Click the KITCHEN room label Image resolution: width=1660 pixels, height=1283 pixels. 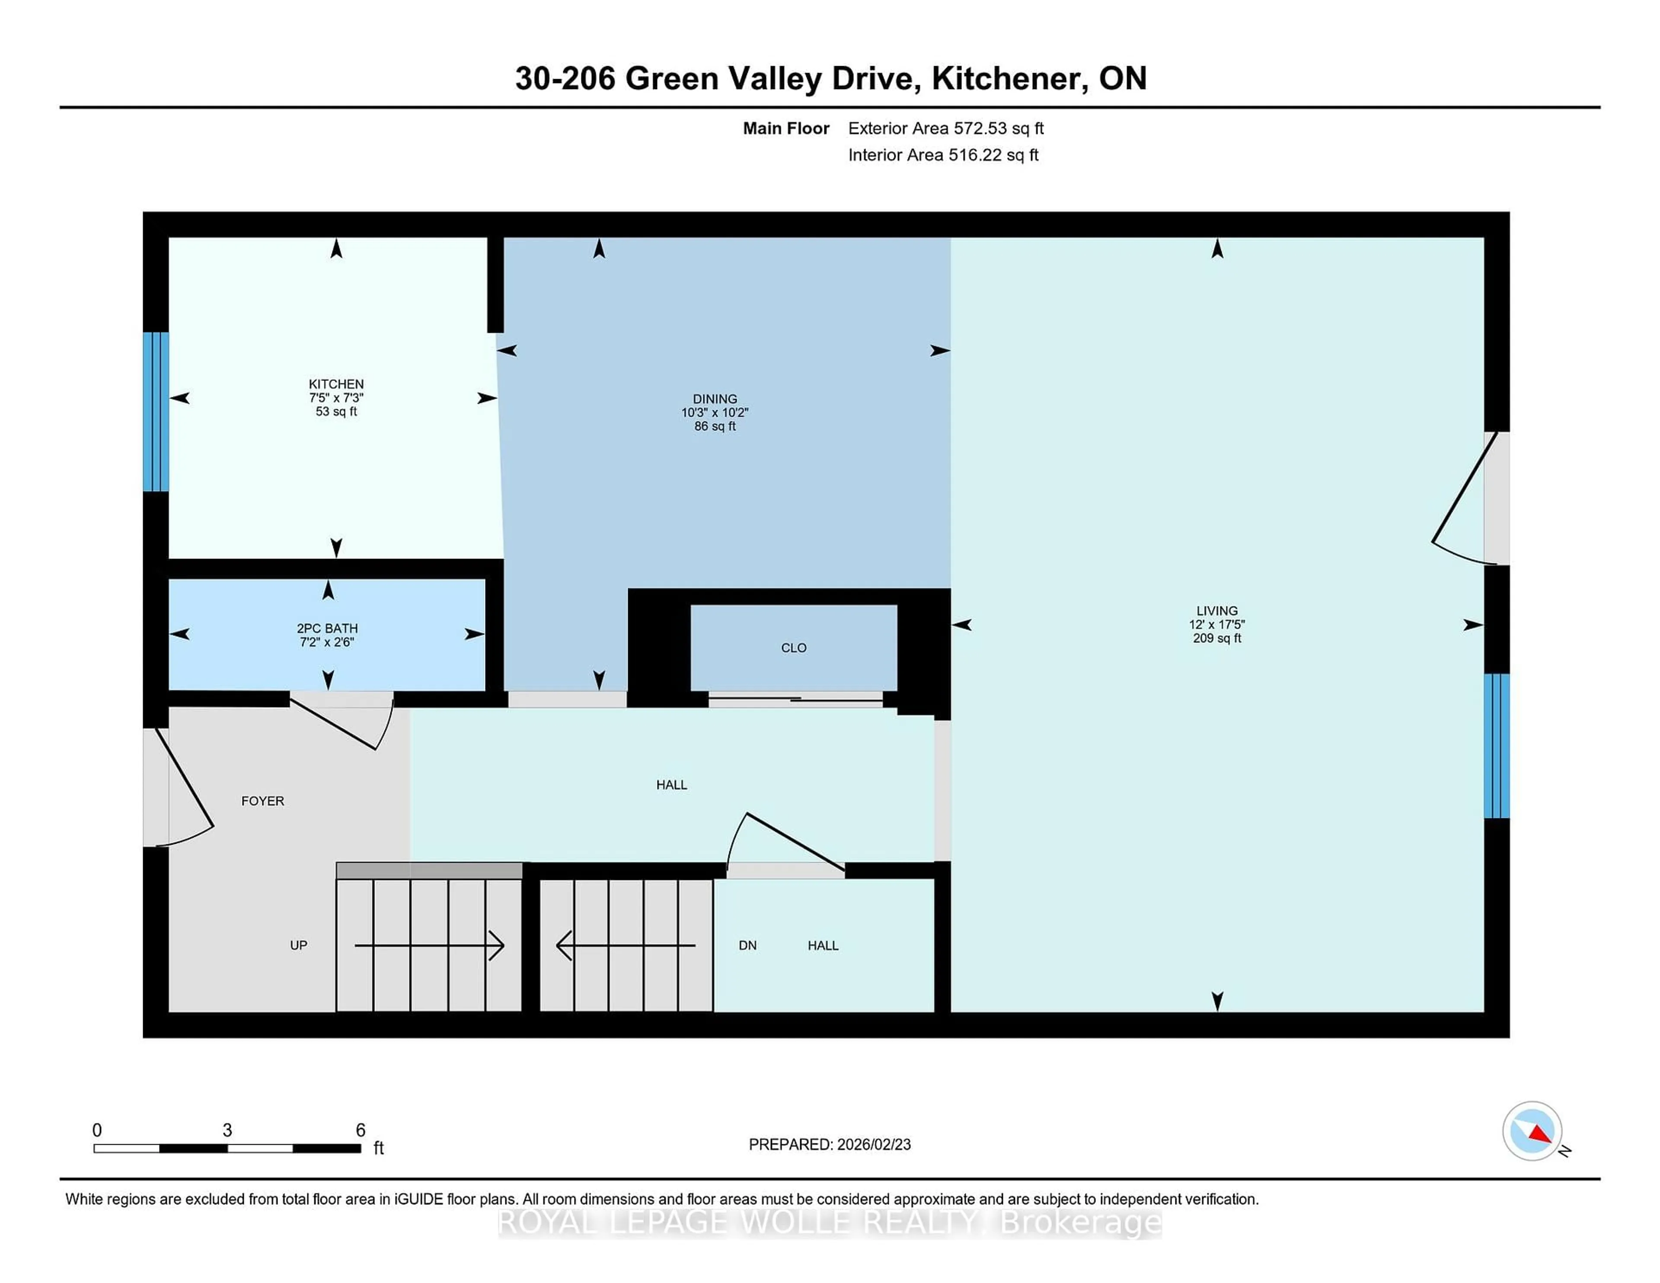pos(336,384)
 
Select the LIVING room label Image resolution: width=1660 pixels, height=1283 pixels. pos(1217,610)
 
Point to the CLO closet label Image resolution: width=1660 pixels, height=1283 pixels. pos(794,648)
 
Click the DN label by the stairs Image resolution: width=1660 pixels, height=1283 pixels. pos(747,945)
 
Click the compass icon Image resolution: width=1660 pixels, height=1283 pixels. pos(1532,1131)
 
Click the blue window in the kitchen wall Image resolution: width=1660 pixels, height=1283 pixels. pos(156,411)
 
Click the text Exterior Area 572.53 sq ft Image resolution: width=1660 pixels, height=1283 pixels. pos(945,128)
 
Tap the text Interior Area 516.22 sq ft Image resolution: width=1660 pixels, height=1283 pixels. pos(942,155)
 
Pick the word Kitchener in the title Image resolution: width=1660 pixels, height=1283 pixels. pos(1006,78)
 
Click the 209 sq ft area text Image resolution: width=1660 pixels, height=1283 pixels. pos(1217,638)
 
